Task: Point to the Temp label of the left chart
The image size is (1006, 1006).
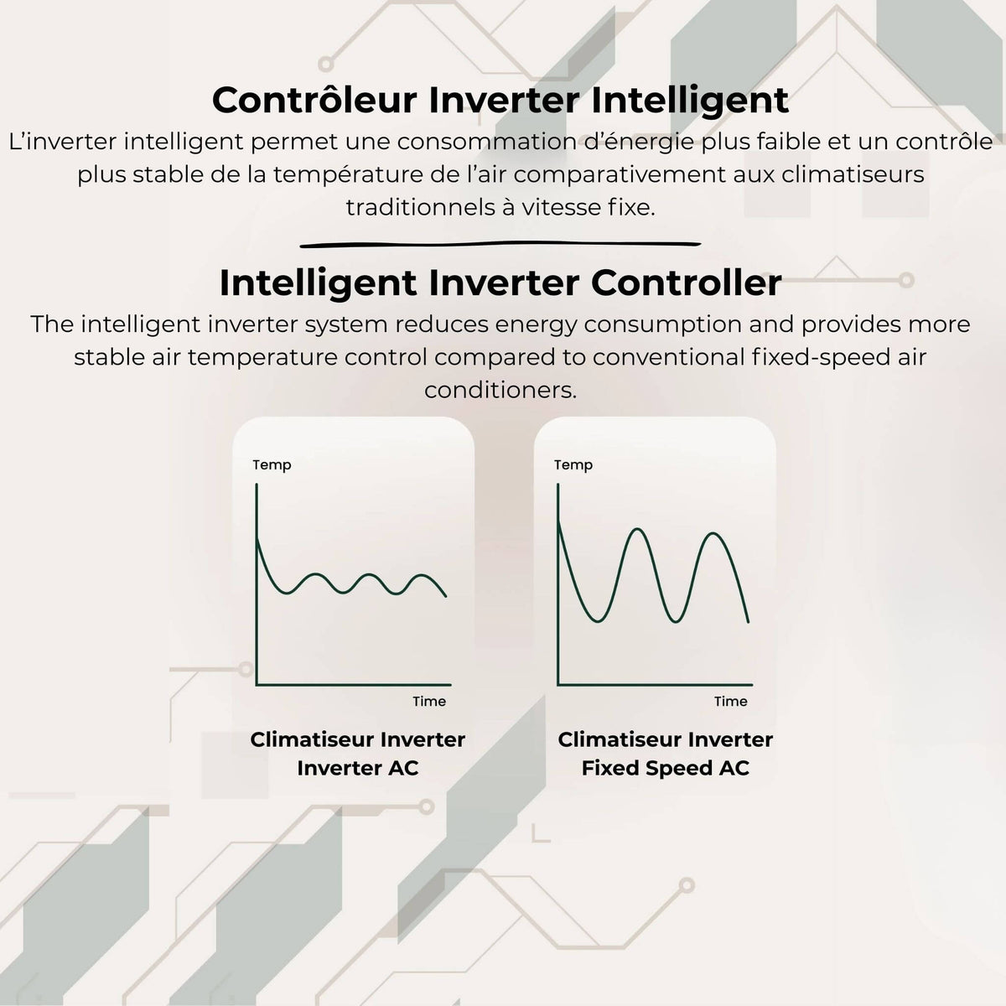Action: [x=272, y=465]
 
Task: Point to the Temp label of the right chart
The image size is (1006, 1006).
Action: [x=573, y=465]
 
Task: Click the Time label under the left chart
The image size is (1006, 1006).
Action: [x=429, y=701]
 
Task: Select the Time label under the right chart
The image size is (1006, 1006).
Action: [x=731, y=701]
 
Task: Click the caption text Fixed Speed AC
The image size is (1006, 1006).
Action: [x=665, y=768]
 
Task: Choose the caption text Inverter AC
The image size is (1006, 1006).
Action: [x=358, y=768]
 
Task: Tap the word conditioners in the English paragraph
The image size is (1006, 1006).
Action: [x=500, y=390]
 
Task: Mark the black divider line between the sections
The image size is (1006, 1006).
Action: [x=500, y=244]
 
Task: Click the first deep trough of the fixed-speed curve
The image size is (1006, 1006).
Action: [x=599, y=621]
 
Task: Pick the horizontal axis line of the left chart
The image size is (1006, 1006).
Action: [x=354, y=684]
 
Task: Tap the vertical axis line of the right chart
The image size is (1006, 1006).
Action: [x=558, y=584]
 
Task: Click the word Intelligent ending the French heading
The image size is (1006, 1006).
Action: [x=690, y=100]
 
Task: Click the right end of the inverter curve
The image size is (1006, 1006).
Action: [x=446, y=596]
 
